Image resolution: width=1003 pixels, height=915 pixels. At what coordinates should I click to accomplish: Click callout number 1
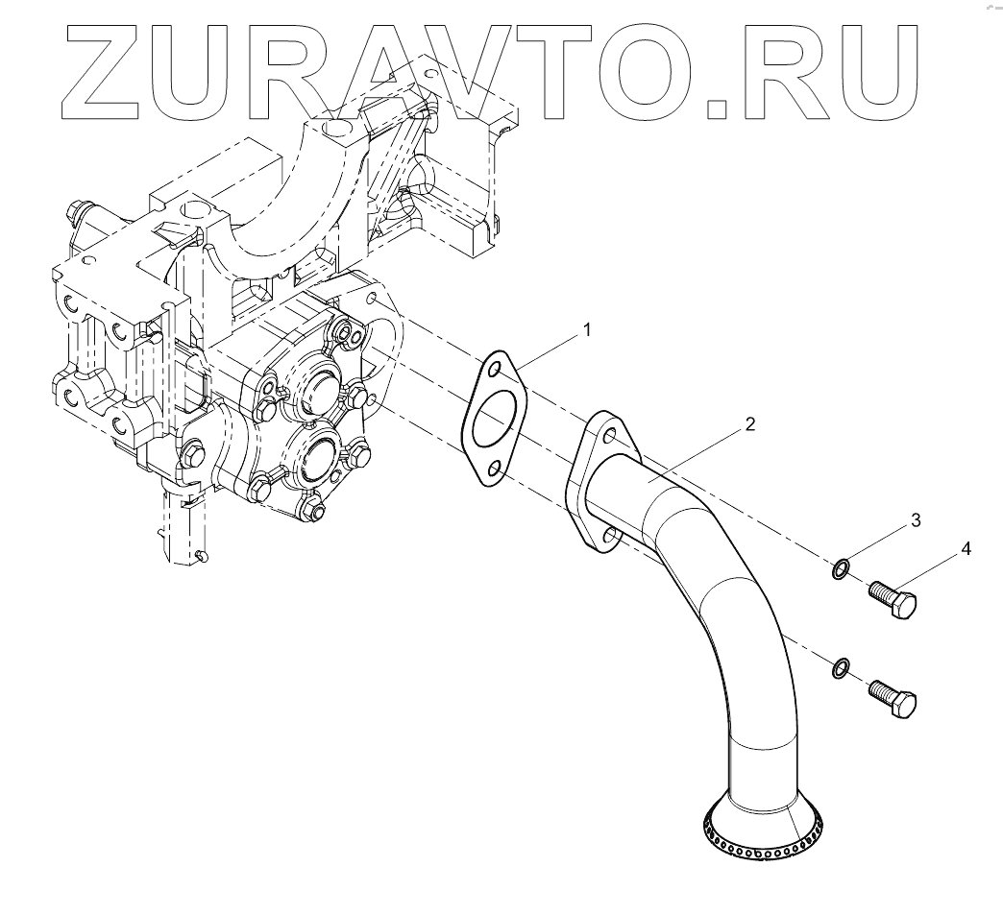(586, 330)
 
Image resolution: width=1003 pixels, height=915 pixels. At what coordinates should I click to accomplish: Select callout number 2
(749, 423)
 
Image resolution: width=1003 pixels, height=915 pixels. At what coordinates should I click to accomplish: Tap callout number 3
(915, 520)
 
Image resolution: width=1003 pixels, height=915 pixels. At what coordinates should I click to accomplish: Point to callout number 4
(965, 549)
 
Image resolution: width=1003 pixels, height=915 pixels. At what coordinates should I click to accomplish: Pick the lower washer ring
(840, 666)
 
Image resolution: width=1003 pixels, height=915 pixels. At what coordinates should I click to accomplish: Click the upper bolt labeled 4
(893, 601)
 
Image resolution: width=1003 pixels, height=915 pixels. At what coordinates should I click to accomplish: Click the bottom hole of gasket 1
(493, 469)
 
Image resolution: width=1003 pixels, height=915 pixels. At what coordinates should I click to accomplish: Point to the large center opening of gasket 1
(494, 419)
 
